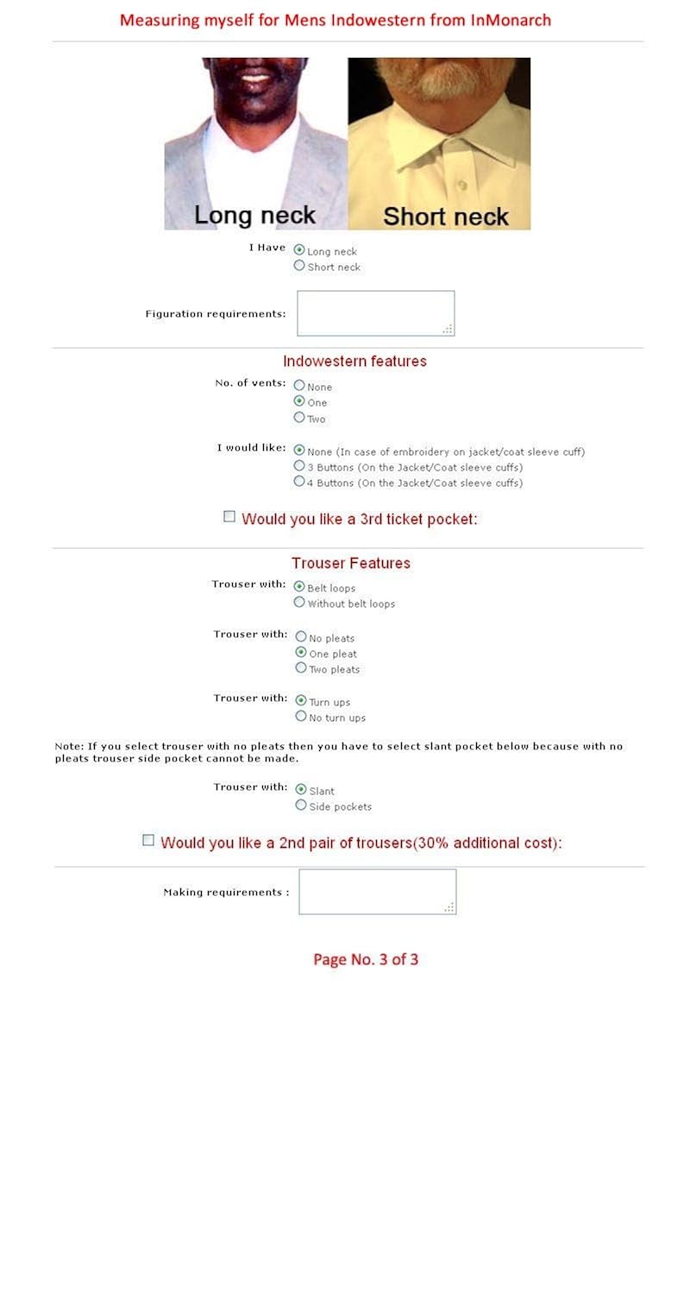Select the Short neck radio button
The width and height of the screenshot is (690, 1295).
(x=299, y=266)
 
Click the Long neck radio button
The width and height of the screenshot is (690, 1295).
(x=299, y=250)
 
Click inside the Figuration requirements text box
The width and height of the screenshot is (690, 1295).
(x=375, y=313)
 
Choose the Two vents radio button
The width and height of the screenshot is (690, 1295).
(x=299, y=418)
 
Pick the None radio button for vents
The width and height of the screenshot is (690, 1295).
(x=299, y=386)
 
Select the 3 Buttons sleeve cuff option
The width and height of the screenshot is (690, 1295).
(x=299, y=466)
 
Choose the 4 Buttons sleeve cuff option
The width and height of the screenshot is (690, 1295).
(x=299, y=482)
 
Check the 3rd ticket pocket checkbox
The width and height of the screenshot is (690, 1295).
(x=229, y=517)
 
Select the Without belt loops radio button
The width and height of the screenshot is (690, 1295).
(x=299, y=603)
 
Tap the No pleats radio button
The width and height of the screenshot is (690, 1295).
(x=301, y=637)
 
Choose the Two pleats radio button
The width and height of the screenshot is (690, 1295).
(x=301, y=668)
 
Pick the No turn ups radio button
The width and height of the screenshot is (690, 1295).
(x=301, y=717)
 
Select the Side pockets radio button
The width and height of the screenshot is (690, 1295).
(x=301, y=805)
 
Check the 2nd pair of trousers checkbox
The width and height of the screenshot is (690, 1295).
(x=148, y=841)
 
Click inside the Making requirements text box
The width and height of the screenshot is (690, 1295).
(x=377, y=891)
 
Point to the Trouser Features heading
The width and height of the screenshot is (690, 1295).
(x=351, y=563)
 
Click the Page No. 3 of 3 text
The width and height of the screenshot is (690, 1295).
(x=366, y=959)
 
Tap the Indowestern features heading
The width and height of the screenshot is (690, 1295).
(x=354, y=361)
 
